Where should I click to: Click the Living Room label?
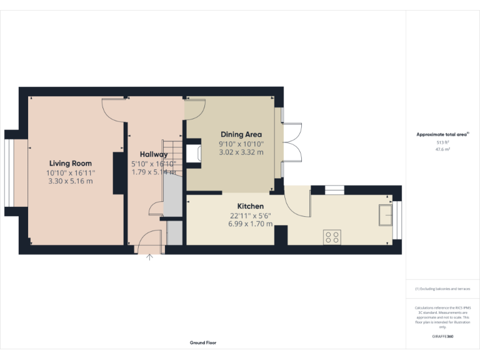coord(70,164)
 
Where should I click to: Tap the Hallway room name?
coord(153,154)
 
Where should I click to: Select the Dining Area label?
coord(241,134)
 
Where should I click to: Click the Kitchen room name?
coord(250,206)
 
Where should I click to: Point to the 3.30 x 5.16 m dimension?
coord(70,181)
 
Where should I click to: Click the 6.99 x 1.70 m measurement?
coord(251,224)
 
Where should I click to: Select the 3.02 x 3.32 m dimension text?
coord(241,152)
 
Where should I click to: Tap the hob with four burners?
coord(332,237)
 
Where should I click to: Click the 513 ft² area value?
coord(442,143)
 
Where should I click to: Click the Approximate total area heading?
coord(442,134)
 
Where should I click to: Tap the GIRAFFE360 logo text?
coord(442,336)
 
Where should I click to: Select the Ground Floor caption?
coord(203,342)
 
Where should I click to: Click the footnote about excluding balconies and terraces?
coord(442,289)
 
